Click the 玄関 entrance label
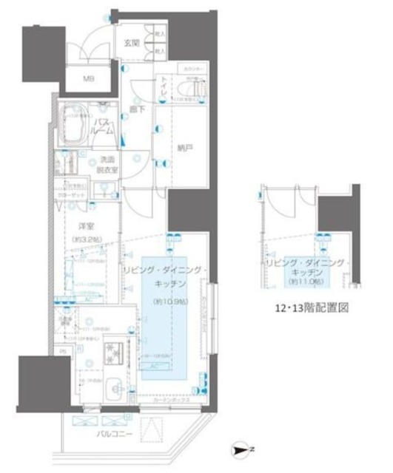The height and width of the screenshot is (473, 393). pyautogui.click(x=131, y=43)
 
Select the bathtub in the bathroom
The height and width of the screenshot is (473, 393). pyautogui.click(x=78, y=121)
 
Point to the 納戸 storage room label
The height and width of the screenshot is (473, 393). pyautogui.click(x=185, y=147)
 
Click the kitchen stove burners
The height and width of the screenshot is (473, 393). pyautogui.click(x=115, y=355)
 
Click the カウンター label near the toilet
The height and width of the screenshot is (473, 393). pyautogui.click(x=193, y=71)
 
